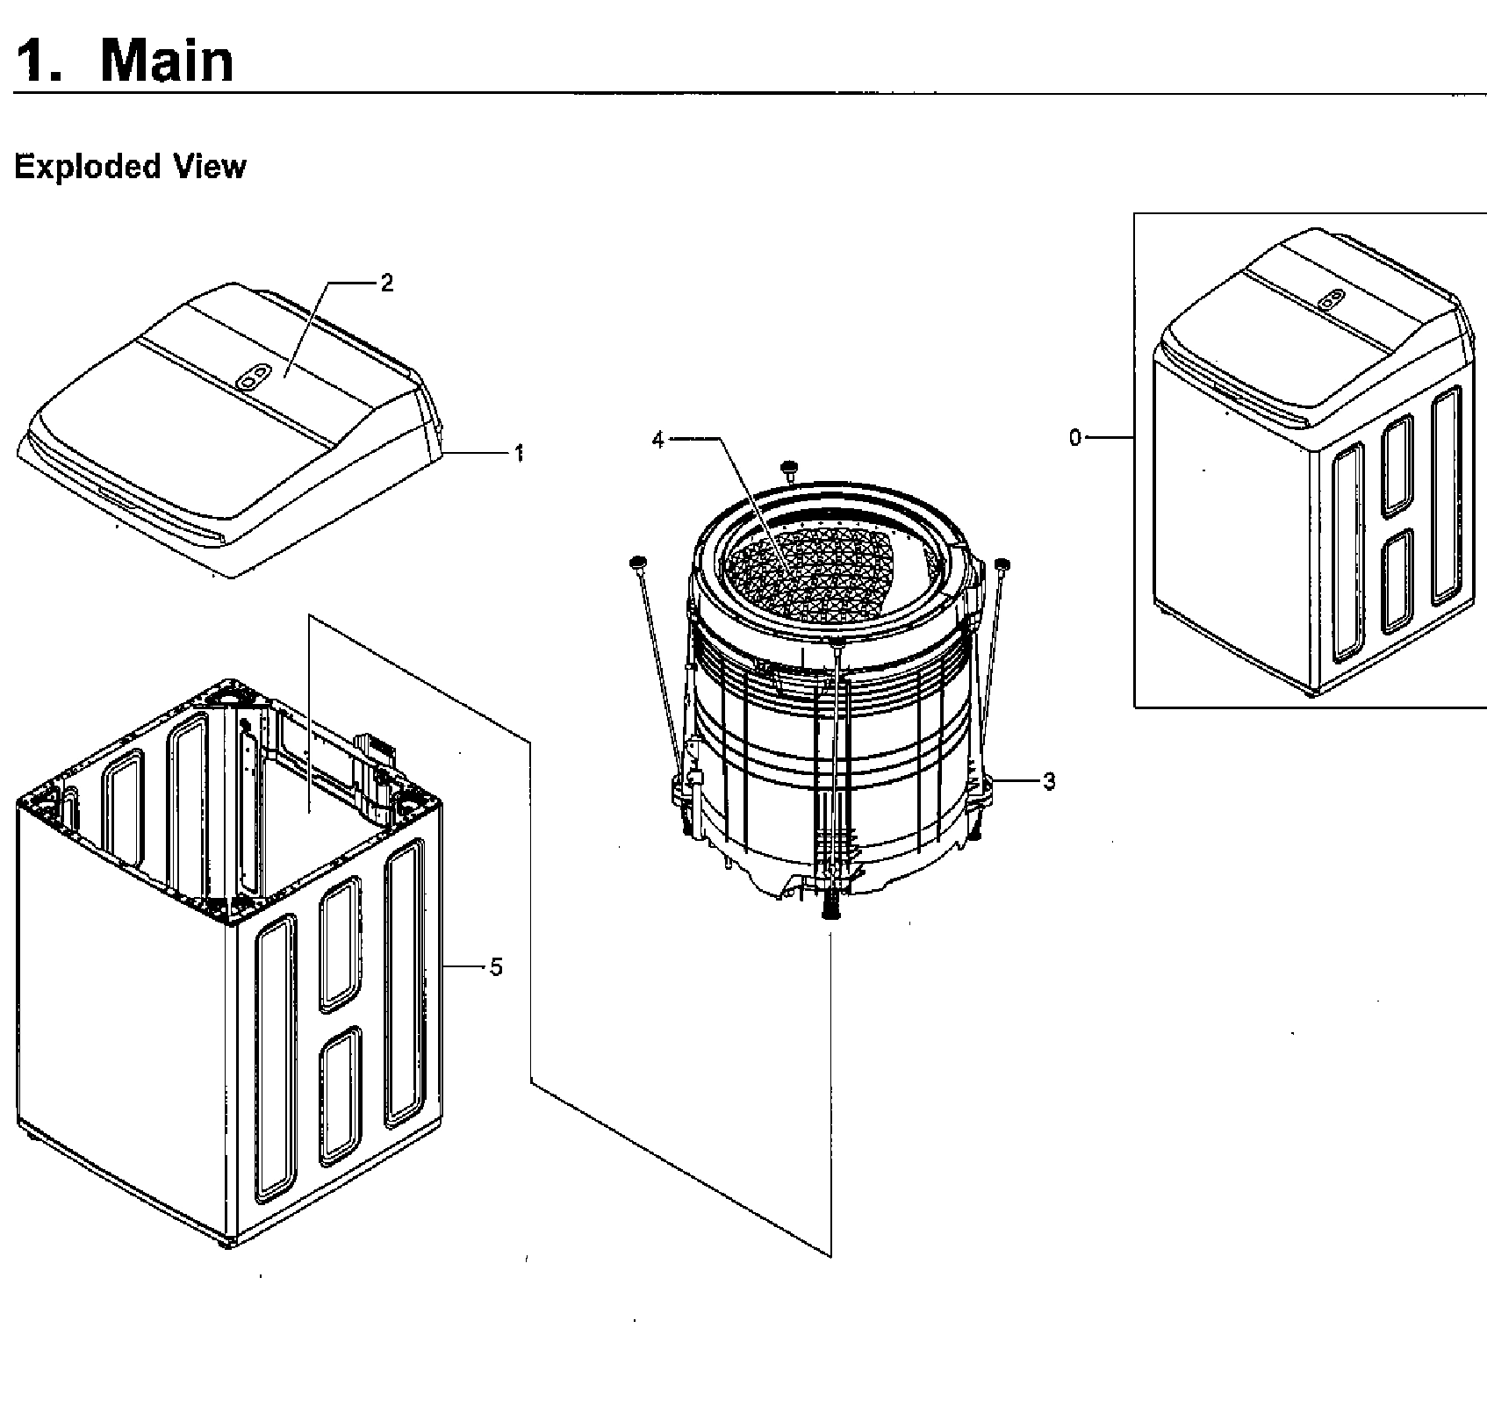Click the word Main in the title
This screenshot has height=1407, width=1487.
click(167, 61)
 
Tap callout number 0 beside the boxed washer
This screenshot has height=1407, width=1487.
click(1075, 436)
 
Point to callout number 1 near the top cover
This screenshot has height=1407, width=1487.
click(519, 453)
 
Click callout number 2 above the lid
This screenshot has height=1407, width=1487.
click(386, 283)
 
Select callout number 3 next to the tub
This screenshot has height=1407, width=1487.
click(1048, 780)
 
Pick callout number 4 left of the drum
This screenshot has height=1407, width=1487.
click(658, 440)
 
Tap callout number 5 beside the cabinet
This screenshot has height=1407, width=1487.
click(496, 967)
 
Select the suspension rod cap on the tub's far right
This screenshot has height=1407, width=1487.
click(1002, 564)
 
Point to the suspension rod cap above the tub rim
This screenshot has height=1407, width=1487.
click(789, 466)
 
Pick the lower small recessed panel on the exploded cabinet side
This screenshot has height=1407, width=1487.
click(340, 1095)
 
